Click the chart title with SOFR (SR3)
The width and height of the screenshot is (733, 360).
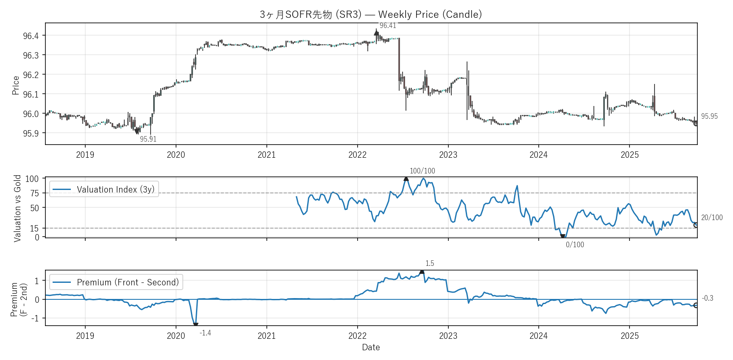click(x=371, y=14)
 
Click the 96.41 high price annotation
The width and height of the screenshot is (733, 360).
click(x=388, y=26)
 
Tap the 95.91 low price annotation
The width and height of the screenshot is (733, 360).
click(x=148, y=139)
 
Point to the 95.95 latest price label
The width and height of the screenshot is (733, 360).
click(x=709, y=116)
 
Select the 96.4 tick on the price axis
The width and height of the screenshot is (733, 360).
click(x=31, y=36)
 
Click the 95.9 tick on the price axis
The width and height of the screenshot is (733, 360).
click(x=31, y=134)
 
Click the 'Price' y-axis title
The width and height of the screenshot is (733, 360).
click(x=16, y=85)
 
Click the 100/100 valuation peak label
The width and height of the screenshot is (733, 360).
click(x=422, y=171)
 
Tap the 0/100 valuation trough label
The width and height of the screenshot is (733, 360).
click(x=575, y=245)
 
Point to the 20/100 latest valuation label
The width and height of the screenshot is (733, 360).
click(x=712, y=218)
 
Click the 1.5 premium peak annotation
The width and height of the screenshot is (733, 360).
click(x=430, y=263)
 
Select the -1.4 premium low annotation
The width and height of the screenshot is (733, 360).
click(x=205, y=333)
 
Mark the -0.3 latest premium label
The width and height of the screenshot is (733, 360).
click(x=708, y=298)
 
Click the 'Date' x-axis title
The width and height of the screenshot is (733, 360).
click(x=371, y=347)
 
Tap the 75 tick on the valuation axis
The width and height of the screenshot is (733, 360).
click(x=34, y=193)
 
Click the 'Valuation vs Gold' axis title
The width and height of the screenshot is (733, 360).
click(x=17, y=208)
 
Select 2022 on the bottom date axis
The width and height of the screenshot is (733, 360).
click(x=357, y=336)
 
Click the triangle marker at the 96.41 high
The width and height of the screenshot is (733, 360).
click(x=376, y=33)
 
